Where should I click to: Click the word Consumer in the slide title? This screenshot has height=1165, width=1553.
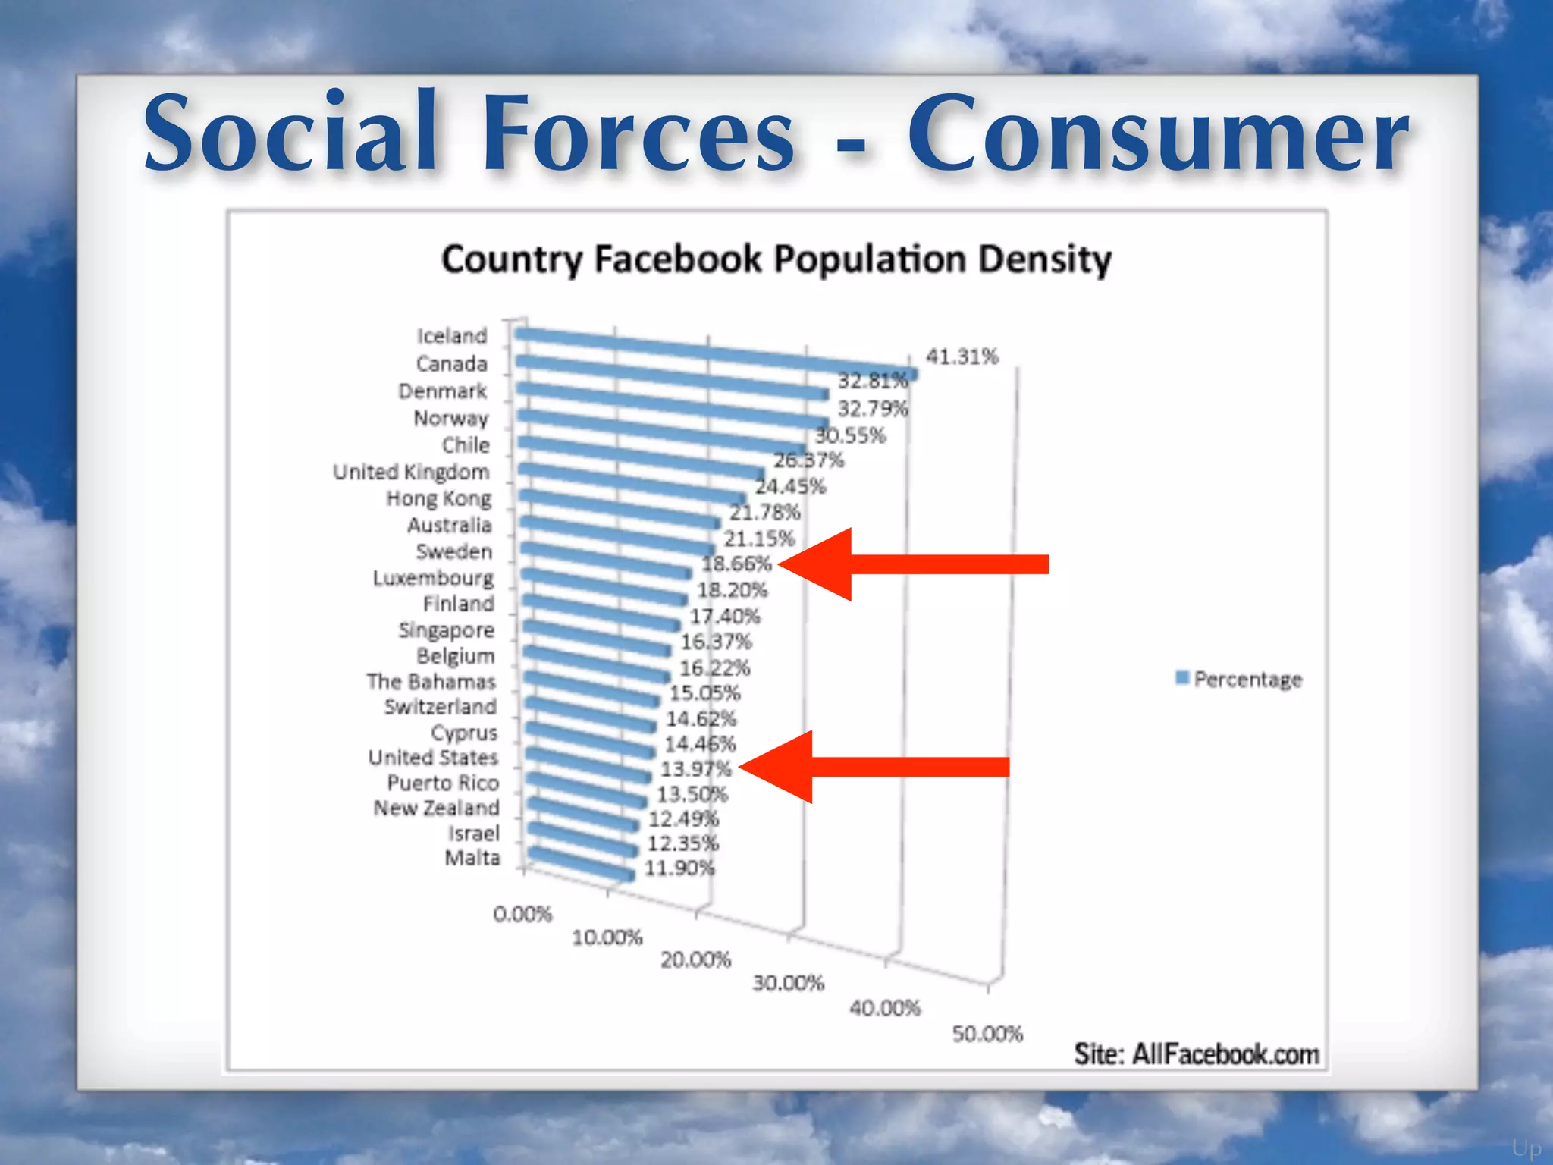click(x=1158, y=134)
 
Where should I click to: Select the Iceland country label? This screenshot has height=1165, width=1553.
click(x=452, y=336)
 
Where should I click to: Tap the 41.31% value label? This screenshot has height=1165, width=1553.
click(x=962, y=356)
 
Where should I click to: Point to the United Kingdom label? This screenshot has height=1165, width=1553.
click(x=412, y=472)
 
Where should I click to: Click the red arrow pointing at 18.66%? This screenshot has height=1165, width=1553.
click(x=914, y=564)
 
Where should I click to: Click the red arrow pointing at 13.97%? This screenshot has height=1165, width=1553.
click(x=874, y=767)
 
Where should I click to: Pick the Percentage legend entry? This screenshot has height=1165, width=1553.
click(x=1239, y=679)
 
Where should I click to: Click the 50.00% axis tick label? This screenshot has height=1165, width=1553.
click(x=987, y=1034)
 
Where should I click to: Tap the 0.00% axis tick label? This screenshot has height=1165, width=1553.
click(x=522, y=914)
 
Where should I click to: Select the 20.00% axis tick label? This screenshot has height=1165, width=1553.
click(x=695, y=960)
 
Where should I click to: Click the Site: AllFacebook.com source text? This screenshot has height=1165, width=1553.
click(x=1196, y=1054)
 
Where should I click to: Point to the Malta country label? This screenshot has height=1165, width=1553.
click(x=472, y=858)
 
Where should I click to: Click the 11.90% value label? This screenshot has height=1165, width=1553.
click(x=679, y=868)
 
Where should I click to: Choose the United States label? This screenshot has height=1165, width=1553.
click(x=433, y=758)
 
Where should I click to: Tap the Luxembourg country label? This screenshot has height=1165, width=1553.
click(x=433, y=578)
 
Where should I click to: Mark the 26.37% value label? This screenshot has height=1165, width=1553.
click(x=808, y=460)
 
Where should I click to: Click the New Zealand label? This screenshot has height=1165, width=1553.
click(x=436, y=808)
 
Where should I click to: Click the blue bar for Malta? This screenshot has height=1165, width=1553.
click(x=580, y=865)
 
